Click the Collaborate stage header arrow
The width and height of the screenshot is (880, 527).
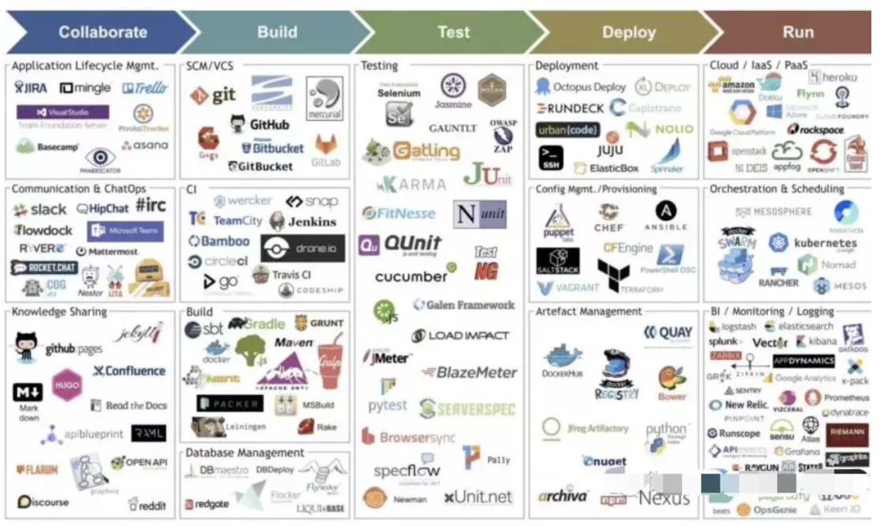(102, 32)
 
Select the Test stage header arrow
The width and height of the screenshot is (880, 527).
(453, 32)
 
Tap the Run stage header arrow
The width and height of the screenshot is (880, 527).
(797, 32)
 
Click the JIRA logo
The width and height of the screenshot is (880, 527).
(31, 88)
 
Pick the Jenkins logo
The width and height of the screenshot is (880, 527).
(302, 221)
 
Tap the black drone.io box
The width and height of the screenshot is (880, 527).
(302, 248)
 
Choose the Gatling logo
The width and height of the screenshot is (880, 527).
(412, 151)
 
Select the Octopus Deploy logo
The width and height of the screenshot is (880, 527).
(581, 87)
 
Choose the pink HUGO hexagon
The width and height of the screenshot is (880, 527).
(67, 385)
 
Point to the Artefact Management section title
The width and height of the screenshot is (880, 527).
(588, 312)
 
